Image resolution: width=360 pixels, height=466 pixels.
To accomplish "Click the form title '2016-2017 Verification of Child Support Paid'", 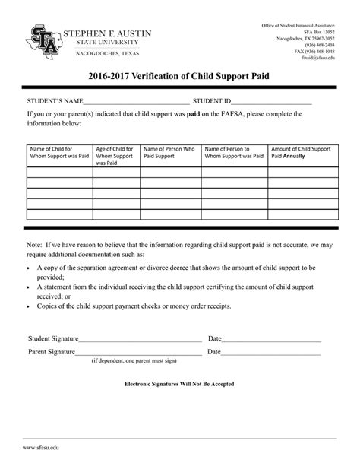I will point(180,76).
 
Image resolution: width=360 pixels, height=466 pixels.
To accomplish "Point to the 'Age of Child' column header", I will point(115,155).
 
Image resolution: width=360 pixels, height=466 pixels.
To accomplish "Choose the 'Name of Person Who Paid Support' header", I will point(169,153).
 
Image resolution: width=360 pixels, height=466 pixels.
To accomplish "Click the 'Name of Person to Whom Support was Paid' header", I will point(233,153).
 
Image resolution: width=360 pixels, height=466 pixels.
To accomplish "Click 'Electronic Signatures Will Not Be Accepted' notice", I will point(179,384).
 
